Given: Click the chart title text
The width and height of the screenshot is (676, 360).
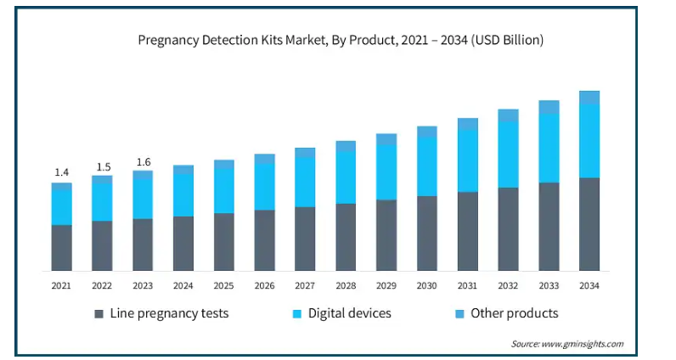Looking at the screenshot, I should tap(340, 40).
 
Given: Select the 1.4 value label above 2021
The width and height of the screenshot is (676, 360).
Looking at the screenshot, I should tap(62, 172).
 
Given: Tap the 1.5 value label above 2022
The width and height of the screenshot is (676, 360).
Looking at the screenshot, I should tap(103, 166).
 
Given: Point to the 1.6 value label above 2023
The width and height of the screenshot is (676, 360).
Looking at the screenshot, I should tap(143, 161).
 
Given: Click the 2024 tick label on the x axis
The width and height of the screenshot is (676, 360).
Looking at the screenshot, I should tap(183, 286).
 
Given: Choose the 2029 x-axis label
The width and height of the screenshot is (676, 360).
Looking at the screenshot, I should tap(386, 286).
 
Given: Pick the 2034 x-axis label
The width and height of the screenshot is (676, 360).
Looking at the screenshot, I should tap(589, 286).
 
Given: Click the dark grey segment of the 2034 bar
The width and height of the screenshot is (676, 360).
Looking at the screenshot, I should tap(589, 224).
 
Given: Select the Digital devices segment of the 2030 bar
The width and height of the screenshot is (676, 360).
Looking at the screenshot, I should tap(427, 166).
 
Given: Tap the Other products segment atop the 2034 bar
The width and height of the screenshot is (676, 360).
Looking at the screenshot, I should tap(589, 98).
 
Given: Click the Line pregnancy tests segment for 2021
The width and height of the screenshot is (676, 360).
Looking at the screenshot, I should tap(62, 248).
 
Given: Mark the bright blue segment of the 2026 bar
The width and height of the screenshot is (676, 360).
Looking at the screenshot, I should tap(265, 186).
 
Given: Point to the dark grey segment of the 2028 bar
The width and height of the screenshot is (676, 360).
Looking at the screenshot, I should tap(346, 237).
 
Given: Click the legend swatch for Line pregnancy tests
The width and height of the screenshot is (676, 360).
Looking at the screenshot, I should tap(99, 314).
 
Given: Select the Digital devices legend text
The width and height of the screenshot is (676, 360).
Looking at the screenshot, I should tap(349, 313).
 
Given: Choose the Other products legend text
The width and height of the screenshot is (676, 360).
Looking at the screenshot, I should tap(515, 313).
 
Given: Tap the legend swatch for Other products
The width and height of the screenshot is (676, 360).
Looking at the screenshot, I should tap(459, 314).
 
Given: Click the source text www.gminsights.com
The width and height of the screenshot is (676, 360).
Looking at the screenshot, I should tap(567, 344).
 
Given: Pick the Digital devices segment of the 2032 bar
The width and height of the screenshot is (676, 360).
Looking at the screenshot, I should tap(508, 155).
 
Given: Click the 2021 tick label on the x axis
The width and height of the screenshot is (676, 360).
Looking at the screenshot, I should tap(62, 286).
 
